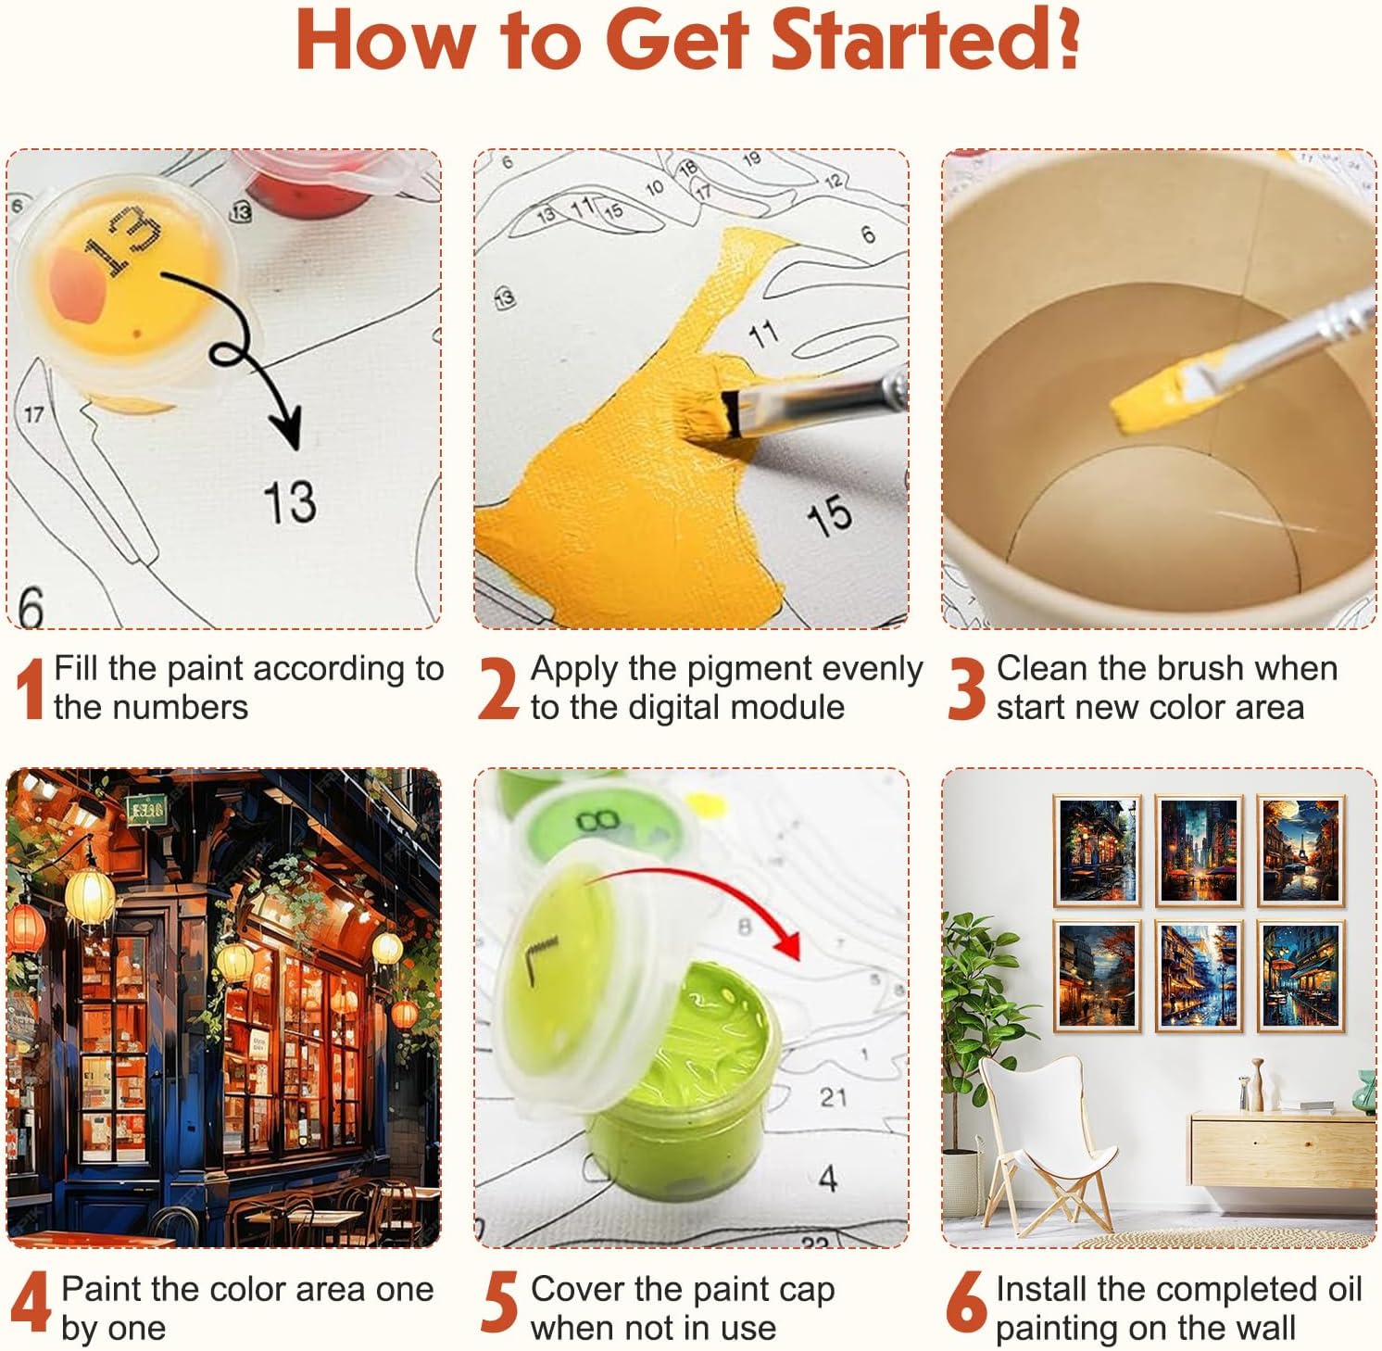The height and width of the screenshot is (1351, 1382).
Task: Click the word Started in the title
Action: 926,40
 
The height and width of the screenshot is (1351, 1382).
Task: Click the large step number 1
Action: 31,688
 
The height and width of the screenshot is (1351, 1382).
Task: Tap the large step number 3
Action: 966,688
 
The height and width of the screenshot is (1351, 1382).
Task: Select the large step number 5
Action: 500,1302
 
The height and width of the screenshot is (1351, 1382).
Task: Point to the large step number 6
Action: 966,1302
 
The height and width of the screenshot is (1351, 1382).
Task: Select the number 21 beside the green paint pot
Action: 833,1097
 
